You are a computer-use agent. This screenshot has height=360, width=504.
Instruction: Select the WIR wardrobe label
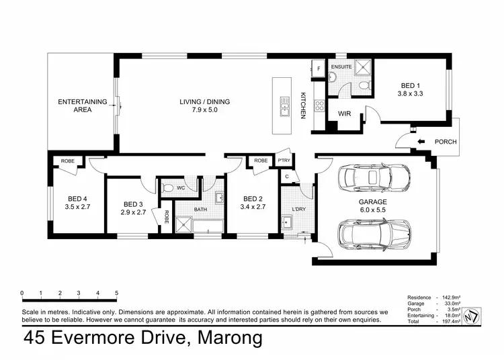pos(345,114)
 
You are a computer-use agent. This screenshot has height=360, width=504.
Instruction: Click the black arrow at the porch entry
pos(421,142)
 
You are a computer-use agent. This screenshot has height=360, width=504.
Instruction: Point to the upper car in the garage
pos(374,179)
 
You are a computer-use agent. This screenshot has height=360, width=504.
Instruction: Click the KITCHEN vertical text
pos(303,105)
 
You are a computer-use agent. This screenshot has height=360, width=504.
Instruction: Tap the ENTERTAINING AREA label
pos(82,105)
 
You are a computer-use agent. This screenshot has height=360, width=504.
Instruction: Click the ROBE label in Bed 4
pos(68,161)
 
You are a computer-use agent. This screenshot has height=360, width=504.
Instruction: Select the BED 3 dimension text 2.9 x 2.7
pos(133,212)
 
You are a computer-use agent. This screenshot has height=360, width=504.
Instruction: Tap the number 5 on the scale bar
pos(117,294)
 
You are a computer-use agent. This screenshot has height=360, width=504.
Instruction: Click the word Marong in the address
pos(228,339)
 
